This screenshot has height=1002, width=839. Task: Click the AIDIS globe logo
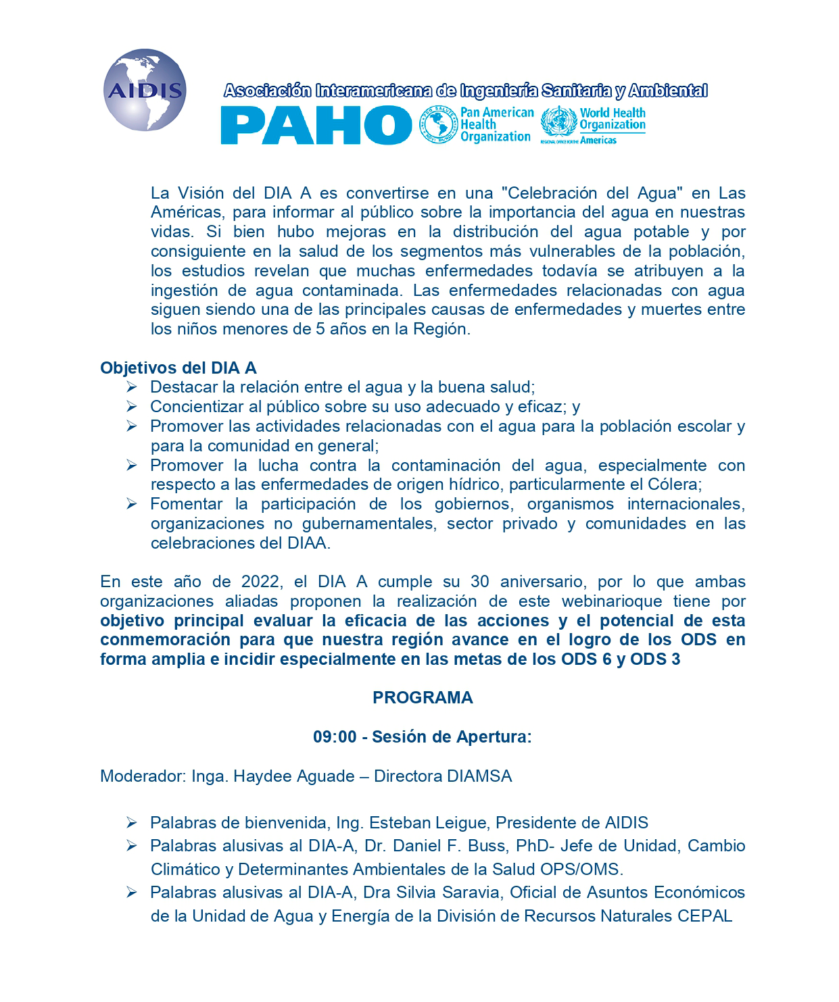point(145,90)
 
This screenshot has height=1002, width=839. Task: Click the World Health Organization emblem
point(558,124)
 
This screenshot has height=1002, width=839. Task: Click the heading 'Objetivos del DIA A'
point(178,368)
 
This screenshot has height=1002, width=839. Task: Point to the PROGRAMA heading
point(423,698)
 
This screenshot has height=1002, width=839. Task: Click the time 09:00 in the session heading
point(335,737)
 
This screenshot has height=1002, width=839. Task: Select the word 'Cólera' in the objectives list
point(677,485)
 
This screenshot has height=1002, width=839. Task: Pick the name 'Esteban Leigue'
point(429,823)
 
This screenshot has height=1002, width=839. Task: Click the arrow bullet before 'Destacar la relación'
point(132,387)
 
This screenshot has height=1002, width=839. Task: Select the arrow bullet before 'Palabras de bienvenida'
point(132,823)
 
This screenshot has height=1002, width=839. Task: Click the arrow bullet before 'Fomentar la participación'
point(132,504)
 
